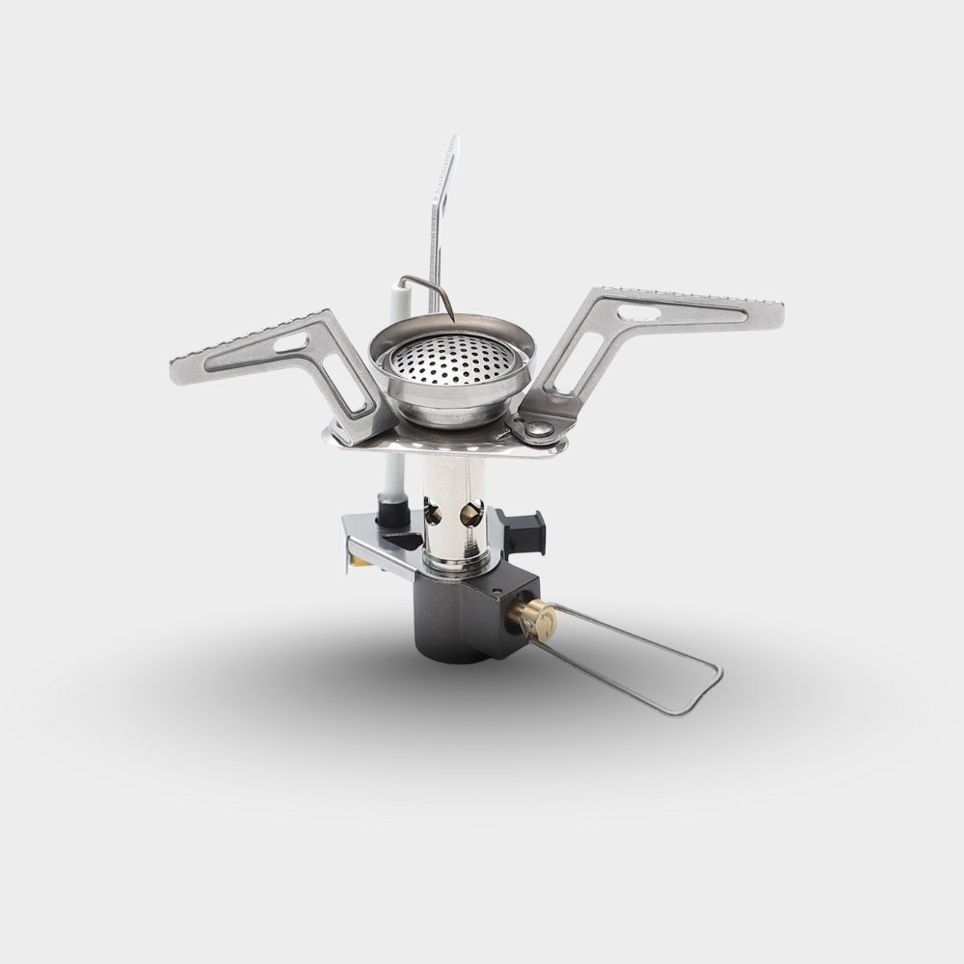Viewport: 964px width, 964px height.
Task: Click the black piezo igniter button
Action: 526,530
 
